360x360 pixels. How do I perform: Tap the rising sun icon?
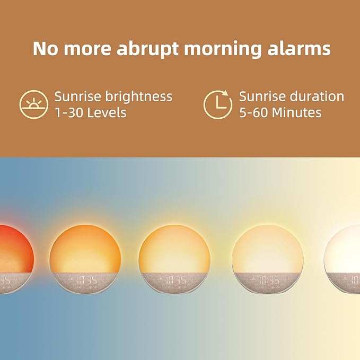click(x=34, y=104)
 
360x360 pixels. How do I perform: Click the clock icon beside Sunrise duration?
click(x=218, y=104)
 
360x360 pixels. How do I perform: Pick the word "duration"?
click(x=317, y=96)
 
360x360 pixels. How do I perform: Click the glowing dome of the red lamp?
click(x=13, y=249)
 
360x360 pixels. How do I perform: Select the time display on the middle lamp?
click(x=175, y=280)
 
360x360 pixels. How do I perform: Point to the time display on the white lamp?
click(x=355, y=280)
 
